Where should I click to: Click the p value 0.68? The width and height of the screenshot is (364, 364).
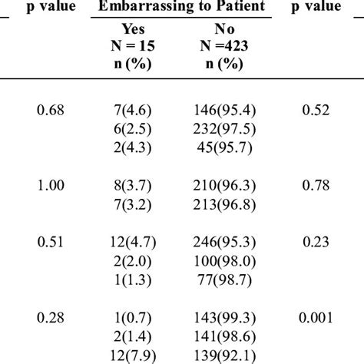[52, 111]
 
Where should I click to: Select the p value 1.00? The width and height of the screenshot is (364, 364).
[52, 186]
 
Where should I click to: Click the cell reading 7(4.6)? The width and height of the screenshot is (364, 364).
[134, 111]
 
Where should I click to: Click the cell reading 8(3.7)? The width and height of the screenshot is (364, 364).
[134, 186]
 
